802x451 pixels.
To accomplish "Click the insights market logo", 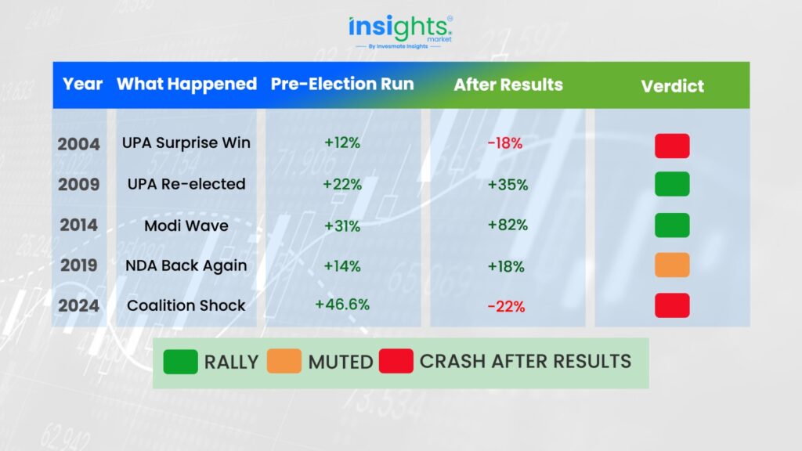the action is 400,31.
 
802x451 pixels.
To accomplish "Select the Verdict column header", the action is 672,86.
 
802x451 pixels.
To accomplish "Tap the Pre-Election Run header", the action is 342,84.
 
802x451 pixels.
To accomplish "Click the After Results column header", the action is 508,85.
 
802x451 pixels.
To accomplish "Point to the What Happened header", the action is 186,84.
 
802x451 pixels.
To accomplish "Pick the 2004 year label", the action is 78,144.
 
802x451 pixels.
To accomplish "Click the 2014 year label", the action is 78,225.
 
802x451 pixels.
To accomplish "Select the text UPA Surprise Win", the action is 186,143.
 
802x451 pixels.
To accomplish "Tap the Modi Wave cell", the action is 186,225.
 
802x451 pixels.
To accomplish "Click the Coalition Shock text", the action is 186,305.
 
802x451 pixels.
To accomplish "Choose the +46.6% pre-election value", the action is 342,305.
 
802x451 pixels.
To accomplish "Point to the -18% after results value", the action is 505,143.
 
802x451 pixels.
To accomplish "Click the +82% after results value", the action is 508,225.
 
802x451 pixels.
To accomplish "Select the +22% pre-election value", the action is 342,184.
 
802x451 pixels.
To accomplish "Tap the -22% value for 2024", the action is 506,306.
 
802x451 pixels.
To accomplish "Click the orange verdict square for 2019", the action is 672,265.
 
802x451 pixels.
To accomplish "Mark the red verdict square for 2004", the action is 672,146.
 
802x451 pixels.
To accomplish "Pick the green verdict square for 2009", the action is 672,184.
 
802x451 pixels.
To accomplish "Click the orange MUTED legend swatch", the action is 284,361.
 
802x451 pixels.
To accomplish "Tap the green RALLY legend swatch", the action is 181,362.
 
